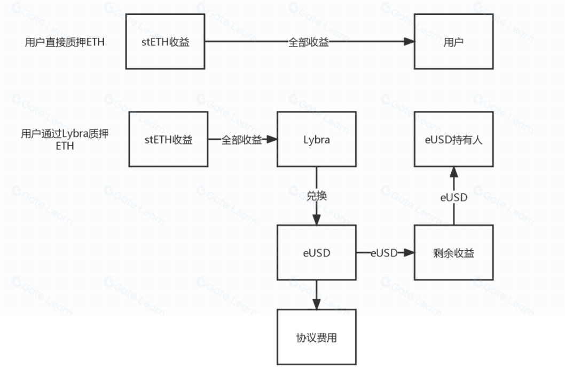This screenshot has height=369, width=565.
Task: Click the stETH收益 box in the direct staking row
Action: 165,42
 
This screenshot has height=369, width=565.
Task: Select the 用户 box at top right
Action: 453,42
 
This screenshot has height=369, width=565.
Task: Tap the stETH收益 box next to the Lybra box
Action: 168,139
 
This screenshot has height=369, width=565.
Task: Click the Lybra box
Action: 316,139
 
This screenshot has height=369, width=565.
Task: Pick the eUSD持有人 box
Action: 453,139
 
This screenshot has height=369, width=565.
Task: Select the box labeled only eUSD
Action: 316,253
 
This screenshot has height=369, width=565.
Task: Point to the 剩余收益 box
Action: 453,253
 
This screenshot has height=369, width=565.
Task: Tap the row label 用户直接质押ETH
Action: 64,42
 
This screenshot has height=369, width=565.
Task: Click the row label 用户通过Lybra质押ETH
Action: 64,140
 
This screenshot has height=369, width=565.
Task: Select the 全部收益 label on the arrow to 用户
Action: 309,42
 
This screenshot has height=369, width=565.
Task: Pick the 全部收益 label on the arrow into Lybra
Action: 242,140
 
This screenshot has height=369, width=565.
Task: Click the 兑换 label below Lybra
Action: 316,196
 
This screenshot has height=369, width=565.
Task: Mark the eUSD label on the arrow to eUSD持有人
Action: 453,197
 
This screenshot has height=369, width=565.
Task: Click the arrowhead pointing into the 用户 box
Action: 409,42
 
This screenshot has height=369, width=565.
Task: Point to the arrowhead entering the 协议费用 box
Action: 316,304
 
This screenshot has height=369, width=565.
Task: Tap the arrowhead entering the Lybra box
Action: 271,140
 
